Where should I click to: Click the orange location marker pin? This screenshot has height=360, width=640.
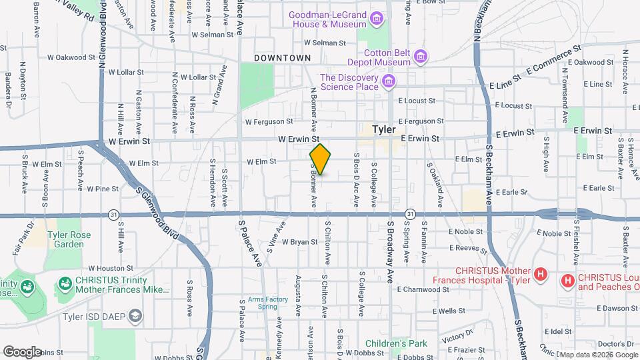point(320,159)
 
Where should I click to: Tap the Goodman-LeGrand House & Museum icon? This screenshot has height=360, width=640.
point(377,19)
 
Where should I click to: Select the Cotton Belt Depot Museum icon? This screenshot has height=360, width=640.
point(420,56)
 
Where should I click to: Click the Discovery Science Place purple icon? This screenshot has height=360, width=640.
point(388,82)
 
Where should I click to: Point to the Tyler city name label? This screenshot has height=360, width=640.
point(384,129)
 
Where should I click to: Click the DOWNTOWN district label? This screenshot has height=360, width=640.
point(283,58)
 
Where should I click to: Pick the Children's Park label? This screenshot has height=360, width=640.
point(400,343)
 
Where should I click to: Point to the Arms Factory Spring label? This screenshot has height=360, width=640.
point(268,303)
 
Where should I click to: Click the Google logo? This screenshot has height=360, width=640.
point(22,351)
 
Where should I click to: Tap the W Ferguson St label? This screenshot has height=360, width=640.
point(269,121)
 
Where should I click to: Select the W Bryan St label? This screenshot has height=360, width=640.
point(299,241)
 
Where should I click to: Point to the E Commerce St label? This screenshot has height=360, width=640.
point(550,61)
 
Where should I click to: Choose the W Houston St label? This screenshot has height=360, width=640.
point(106,267)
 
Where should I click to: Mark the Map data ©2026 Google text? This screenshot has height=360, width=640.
point(597,354)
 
